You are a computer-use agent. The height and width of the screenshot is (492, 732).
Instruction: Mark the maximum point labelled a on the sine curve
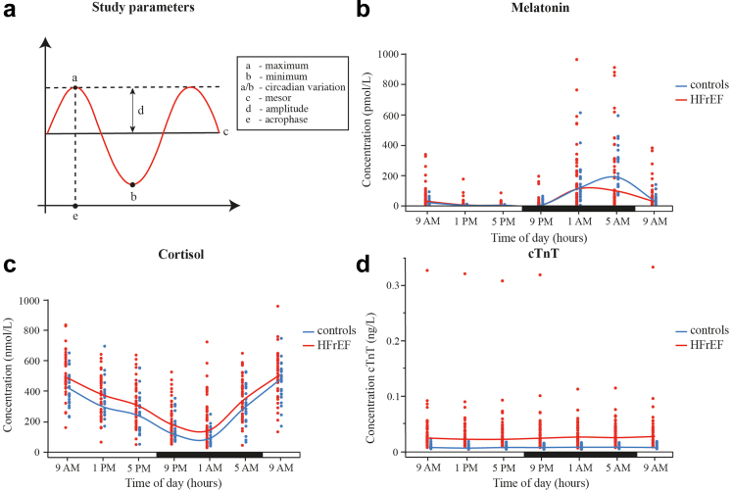coord(76,87)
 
